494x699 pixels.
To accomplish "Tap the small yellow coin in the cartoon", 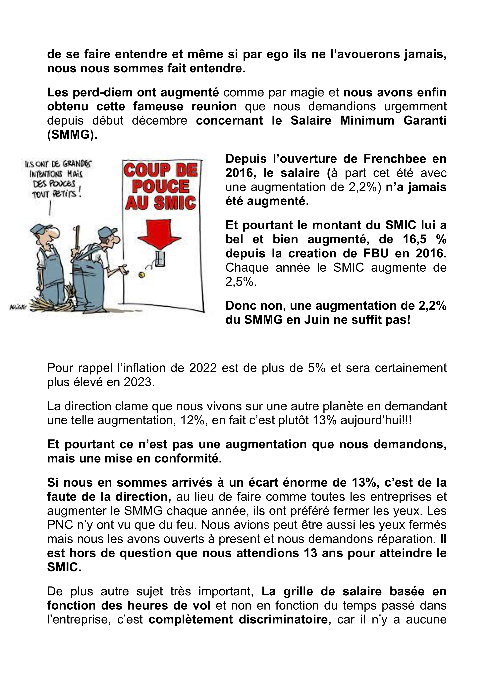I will (x=141, y=275).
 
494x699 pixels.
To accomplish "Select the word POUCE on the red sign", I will (x=160, y=186).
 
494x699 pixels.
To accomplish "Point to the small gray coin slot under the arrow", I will (x=159, y=259).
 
